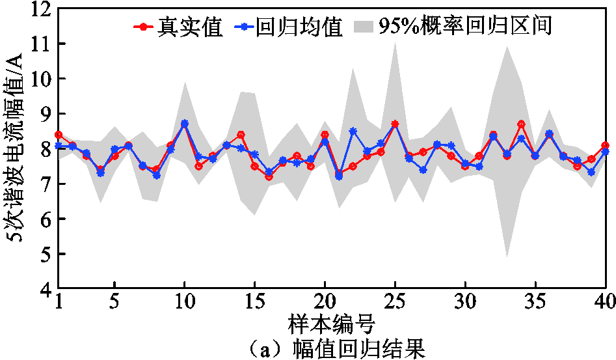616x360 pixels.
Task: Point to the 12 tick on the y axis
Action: [40, 9]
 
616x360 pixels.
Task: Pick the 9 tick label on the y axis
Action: [45, 114]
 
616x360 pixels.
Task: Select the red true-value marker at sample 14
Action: [241, 135]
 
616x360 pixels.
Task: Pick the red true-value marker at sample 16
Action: [269, 176]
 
